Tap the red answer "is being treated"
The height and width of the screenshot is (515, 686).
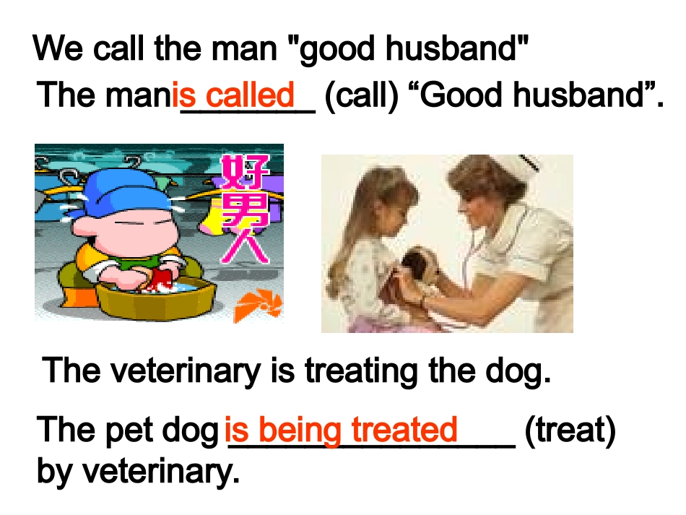[341, 430]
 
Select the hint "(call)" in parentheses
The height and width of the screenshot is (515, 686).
[362, 95]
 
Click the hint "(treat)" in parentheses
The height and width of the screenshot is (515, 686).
[570, 430]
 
